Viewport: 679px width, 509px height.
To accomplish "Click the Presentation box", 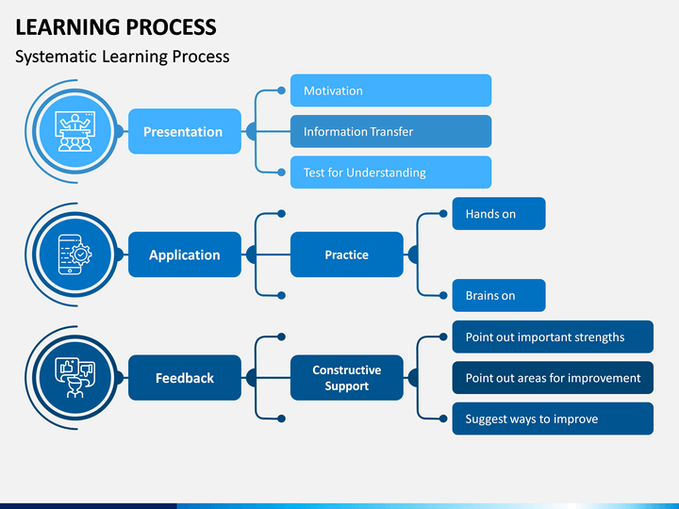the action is point(185,131).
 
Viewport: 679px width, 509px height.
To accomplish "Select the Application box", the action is point(185,254).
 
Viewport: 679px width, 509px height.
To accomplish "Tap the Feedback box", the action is point(185,378).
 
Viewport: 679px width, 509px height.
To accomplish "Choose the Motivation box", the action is point(390,90).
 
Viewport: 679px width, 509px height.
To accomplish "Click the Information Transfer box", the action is point(390,131).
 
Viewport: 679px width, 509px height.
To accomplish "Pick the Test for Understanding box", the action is point(390,172).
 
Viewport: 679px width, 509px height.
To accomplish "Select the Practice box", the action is point(346,254).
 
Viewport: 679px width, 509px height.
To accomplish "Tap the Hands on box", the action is point(499,214).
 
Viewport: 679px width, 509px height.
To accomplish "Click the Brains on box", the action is point(499,296).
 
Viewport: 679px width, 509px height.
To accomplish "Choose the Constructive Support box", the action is point(346,378).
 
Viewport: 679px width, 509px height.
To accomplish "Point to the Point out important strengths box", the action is point(553,337).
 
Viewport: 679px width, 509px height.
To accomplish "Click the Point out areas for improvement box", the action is point(553,378).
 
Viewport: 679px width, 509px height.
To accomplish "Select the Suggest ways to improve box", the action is point(553,419).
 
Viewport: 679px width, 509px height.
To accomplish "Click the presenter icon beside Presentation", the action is point(75,132).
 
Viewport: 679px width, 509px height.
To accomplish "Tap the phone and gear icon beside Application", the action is point(75,254).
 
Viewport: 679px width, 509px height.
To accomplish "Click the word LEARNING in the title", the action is point(67,27).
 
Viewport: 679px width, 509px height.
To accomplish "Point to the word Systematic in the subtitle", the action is point(56,57).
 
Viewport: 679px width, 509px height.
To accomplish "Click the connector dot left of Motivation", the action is point(281,90).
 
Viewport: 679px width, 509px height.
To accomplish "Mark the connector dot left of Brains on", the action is point(443,296).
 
